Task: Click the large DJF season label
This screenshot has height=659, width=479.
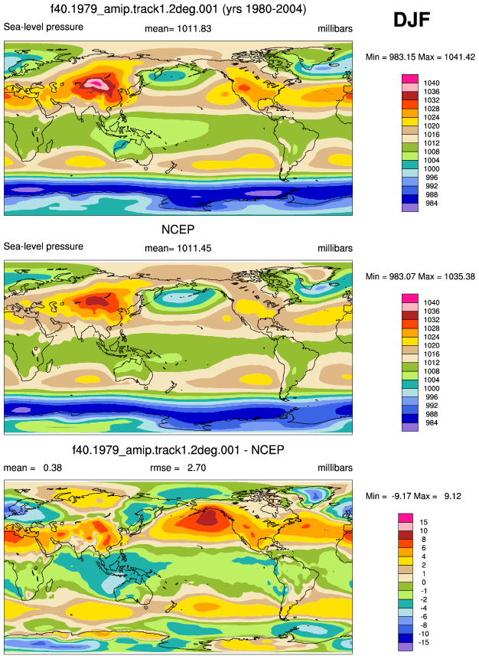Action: (412, 20)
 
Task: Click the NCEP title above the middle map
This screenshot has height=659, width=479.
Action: (178, 230)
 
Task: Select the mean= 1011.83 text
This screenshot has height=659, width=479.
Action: (178, 29)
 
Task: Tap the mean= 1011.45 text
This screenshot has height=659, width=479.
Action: (178, 249)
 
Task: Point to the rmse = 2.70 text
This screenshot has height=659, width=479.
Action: (178, 468)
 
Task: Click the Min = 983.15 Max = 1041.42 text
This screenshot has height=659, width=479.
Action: (420, 57)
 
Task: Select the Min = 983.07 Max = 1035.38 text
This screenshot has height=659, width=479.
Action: (420, 276)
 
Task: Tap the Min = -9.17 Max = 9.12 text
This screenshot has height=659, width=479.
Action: (413, 496)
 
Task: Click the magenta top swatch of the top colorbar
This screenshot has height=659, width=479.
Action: (410, 79)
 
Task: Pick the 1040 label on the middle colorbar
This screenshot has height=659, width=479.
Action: (432, 302)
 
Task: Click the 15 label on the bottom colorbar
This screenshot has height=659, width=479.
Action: (424, 522)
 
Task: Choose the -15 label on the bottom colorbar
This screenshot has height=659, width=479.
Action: (424, 642)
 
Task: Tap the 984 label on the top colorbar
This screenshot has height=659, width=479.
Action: (432, 204)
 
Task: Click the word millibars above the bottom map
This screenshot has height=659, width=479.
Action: (335, 468)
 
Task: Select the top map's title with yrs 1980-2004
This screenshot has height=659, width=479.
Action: (178, 9)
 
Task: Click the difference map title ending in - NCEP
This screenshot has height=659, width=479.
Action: (178, 450)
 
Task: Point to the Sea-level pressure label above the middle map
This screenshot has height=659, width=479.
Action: (44, 246)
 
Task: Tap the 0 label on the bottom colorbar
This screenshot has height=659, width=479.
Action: (424, 582)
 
